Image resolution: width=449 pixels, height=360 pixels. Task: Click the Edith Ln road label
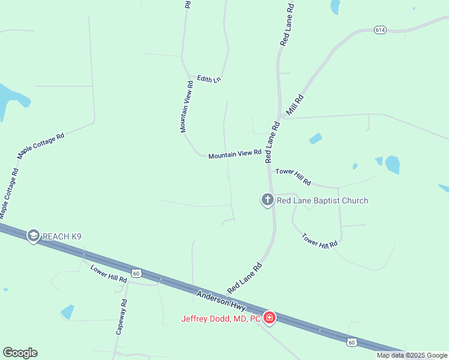point(209,79)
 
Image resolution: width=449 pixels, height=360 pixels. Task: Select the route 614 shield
point(379,29)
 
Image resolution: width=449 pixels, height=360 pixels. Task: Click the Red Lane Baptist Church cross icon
point(268,200)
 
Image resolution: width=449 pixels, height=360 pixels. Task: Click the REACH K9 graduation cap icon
point(34,236)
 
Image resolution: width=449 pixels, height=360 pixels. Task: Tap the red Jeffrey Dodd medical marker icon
point(270,317)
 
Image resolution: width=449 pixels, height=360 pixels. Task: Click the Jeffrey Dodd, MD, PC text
point(220,319)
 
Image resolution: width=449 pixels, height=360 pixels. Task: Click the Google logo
point(20,353)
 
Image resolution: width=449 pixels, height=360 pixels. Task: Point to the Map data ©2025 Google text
point(412,355)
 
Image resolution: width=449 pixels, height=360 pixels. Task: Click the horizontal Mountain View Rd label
point(235,155)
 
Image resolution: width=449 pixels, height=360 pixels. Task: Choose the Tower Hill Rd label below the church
point(320,241)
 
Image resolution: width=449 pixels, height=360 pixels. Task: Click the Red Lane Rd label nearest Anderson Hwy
point(245,278)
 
